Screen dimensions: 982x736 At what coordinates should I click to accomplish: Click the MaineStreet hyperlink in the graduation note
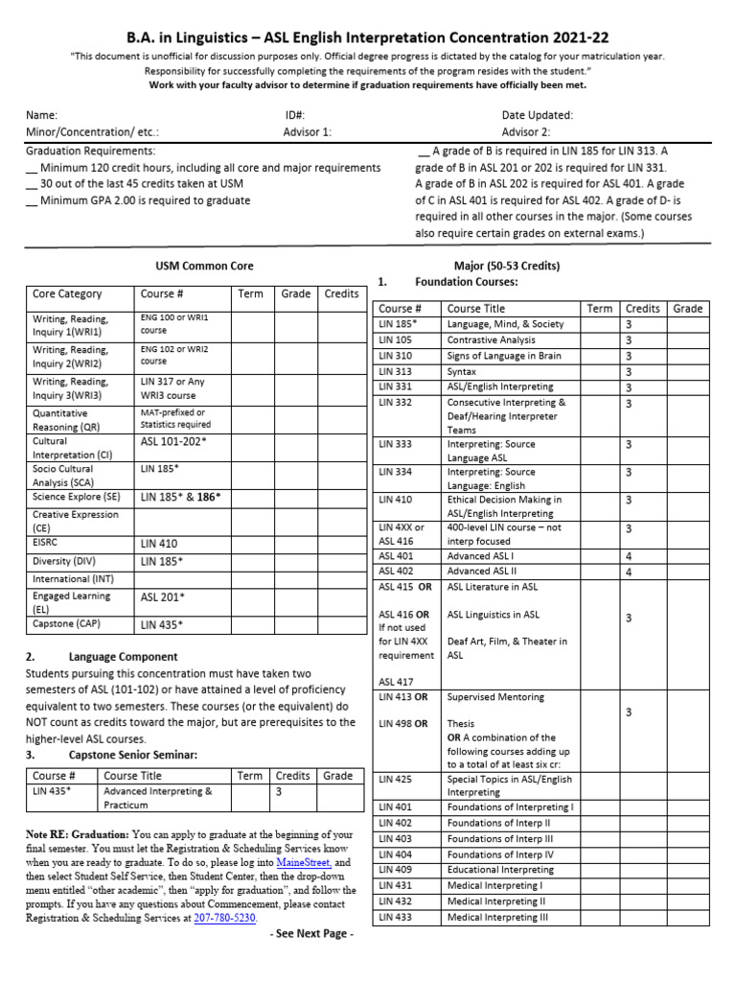pyautogui.click(x=300, y=863)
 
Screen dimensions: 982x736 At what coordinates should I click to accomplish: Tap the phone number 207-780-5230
pyautogui.click(x=224, y=918)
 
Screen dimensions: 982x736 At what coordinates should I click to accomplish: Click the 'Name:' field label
pyautogui.click(x=41, y=115)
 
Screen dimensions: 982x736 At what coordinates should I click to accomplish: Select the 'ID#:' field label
pyautogui.click(x=283, y=115)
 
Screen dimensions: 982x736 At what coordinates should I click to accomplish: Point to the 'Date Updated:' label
pyautogui.click(x=537, y=115)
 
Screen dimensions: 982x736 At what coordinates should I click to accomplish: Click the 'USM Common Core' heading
pyautogui.click(x=204, y=266)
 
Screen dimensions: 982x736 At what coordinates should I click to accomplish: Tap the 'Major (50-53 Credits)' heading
pyautogui.click(x=513, y=266)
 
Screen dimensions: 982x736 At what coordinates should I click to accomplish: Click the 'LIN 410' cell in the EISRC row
pyautogui.click(x=159, y=543)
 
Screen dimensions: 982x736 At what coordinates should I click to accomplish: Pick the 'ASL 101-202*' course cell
pyautogui.click(x=173, y=442)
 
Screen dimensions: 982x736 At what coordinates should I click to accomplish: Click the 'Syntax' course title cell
pyautogui.click(x=462, y=371)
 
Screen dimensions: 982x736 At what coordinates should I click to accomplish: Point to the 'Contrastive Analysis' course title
pyautogui.click(x=492, y=340)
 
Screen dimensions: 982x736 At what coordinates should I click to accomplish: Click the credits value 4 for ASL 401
pyautogui.click(x=629, y=556)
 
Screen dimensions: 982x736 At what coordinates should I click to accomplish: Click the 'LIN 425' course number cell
pyautogui.click(x=395, y=780)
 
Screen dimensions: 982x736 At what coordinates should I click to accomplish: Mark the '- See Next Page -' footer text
pyautogui.click(x=311, y=934)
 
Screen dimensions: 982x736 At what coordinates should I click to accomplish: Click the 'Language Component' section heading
pyautogui.click(x=123, y=657)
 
